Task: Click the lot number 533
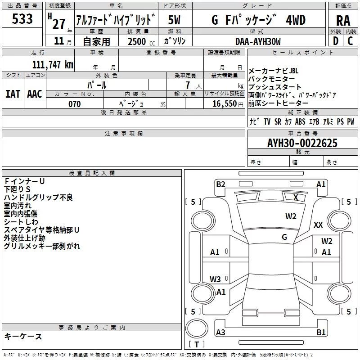(22, 18)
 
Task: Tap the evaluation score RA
(343, 21)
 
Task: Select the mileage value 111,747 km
(53, 64)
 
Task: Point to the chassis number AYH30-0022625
(302, 143)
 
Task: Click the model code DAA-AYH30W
(258, 41)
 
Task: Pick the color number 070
(75, 104)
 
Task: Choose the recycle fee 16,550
(225, 103)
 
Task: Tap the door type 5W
(174, 20)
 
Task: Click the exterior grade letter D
(336, 41)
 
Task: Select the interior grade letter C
(350, 41)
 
